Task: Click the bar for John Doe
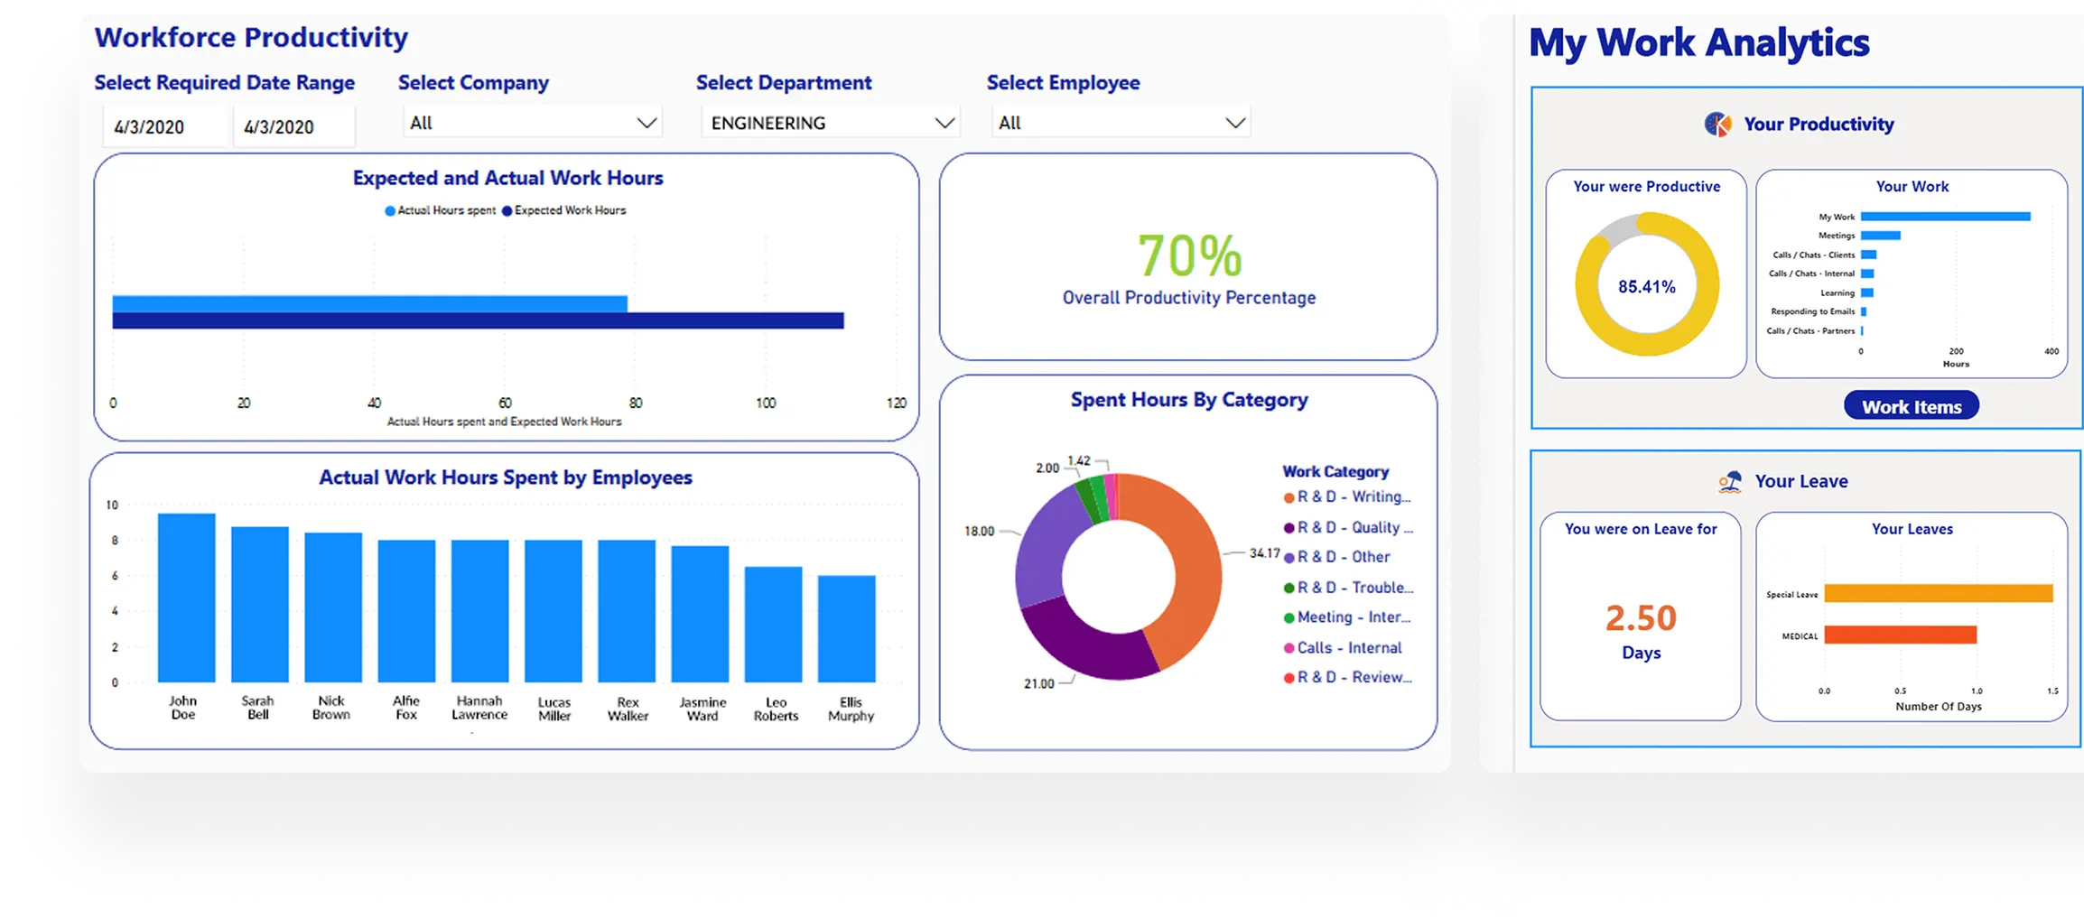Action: tap(186, 598)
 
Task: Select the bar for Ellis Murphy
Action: tap(846, 628)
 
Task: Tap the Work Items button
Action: tap(1911, 406)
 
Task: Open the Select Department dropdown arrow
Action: tap(944, 123)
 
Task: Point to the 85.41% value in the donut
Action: tap(1646, 287)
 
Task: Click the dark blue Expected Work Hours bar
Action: tap(478, 320)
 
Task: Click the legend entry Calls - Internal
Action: tap(1348, 647)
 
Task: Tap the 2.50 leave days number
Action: tap(1640, 618)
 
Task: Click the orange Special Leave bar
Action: tap(1938, 593)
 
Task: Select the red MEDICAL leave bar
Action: tap(1900, 635)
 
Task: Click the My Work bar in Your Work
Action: tap(1945, 217)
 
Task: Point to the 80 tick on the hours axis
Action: tap(636, 403)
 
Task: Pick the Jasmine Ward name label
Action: tap(702, 709)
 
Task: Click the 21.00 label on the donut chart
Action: tap(1038, 683)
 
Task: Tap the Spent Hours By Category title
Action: tap(1188, 400)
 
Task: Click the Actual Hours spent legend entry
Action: tap(441, 210)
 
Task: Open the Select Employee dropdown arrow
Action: tap(1234, 123)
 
